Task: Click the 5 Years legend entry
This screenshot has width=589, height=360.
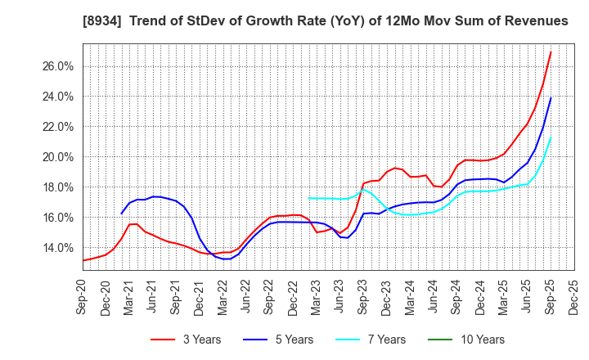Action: point(286,340)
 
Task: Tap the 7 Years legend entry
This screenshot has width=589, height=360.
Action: point(380,340)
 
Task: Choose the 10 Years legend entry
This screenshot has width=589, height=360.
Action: point(478,340)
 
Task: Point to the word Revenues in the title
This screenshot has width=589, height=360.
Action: point(535,20)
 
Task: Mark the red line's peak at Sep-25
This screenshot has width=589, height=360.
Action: point(551,52)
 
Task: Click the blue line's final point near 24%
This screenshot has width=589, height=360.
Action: point(551,98)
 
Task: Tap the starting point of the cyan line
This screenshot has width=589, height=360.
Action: point(308,198)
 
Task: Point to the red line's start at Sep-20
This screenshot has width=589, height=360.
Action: point(83,261)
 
